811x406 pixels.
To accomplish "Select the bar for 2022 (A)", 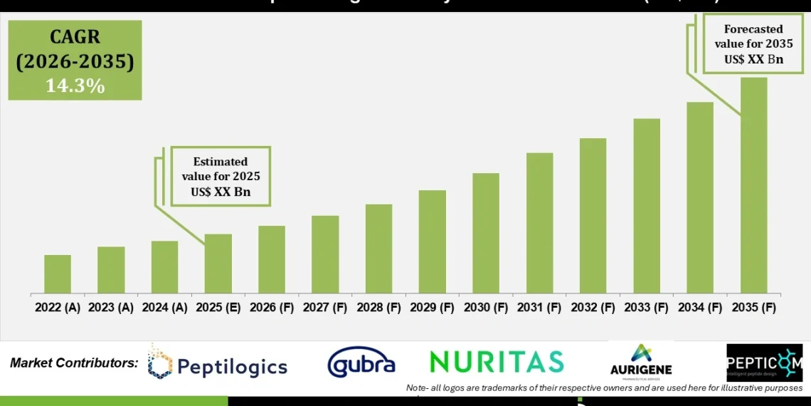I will coord(58,274).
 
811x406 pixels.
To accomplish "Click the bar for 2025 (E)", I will coord(218,264).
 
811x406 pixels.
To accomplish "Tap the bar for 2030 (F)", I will coord(485,233).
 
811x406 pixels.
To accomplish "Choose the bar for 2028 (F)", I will coord(378,249).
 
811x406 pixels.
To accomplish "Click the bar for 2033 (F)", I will coord(646,206).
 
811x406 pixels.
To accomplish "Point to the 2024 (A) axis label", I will coord(165,308).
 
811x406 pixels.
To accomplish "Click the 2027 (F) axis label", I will coord(325,308).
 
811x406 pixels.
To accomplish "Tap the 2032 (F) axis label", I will coord(593,308).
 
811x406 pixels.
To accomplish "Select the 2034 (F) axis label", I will coord(700,308).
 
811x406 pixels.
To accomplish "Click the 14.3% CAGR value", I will coord(75,86).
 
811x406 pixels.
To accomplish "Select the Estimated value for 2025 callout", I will coord(220,177).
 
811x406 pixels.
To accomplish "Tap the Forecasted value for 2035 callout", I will coord(753,44).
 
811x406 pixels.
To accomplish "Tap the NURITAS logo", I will coord(497,362).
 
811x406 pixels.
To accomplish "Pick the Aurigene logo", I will coord(641,360).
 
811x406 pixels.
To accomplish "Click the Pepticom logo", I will coord(763,363).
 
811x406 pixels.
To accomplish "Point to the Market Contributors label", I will coord(74,363).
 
